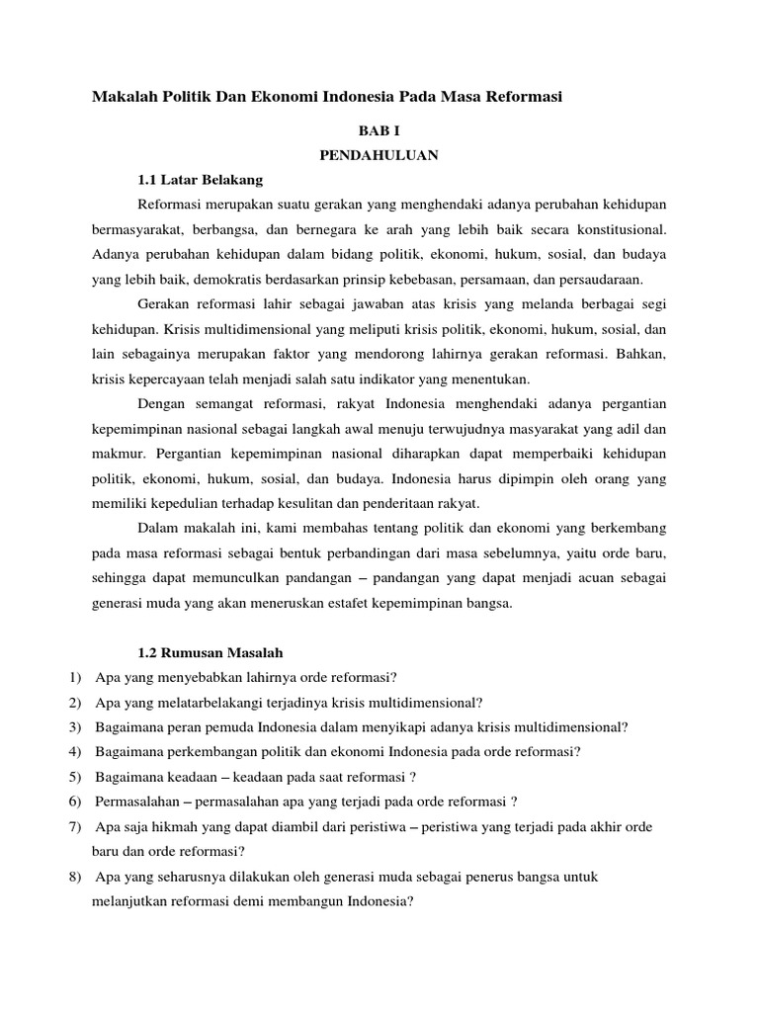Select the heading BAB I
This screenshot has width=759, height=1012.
(x=379, y=129)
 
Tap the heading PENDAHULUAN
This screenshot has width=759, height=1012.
(x=379, y=155)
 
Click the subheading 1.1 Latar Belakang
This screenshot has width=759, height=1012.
(x=200, y=180)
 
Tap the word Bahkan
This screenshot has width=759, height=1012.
(x=643, y=354)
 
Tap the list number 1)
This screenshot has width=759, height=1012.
(x=77, y=678)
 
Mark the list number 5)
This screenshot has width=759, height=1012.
(x=77, y=778)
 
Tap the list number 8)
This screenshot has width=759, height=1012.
(x=77, y=877)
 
